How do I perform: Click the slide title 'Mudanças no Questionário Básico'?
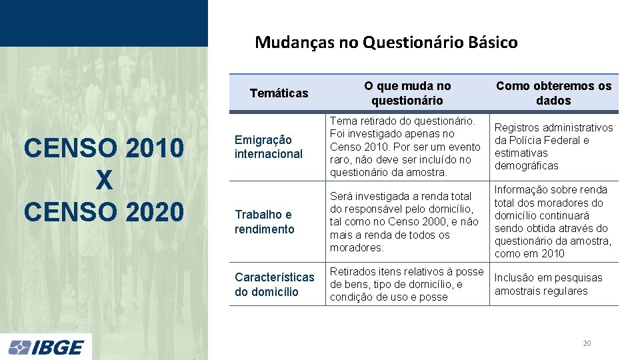[386, 43]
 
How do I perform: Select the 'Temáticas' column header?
[279, 93]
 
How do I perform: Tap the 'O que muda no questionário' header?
[407, 93]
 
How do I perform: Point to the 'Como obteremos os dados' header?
[553, 93]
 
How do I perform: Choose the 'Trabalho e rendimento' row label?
[265, 222]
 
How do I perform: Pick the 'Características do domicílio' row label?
[274, 284]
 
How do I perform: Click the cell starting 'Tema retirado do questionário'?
[405, 147]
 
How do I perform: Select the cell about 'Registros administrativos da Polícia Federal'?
[553, 147]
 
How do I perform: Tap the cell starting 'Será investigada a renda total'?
[404, 222]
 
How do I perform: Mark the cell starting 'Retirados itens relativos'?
[406, 284]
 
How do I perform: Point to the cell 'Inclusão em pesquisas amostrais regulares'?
[548, 284]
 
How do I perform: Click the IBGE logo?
[46, 347]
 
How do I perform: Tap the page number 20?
[587, 343]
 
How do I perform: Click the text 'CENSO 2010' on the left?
[103, 148]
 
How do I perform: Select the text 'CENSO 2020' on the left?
[103, 211]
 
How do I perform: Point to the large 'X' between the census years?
[103, 179]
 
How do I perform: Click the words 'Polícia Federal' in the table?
[548, 140]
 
